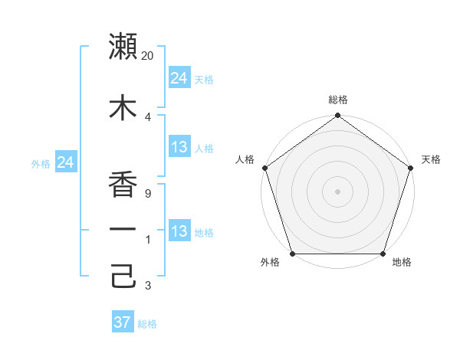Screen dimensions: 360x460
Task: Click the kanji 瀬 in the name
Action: pos(123,47)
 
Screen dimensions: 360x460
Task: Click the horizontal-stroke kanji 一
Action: pos(123,229)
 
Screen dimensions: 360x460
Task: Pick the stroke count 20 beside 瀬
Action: pos(148,56)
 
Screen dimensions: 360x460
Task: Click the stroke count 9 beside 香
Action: pos(147,194)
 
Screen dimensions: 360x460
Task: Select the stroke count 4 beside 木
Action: pos(147,116)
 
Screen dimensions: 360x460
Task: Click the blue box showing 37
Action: pos(123,322)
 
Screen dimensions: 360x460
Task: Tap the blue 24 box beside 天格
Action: pos(179,78)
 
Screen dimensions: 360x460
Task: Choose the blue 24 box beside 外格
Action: pos(66,162)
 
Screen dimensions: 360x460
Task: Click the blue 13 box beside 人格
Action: pos(179,147)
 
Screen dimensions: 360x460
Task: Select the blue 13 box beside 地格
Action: pos(179,231)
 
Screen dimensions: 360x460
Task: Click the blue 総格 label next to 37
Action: pos(147,324)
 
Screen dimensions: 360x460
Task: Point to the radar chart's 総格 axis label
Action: pos(338,100)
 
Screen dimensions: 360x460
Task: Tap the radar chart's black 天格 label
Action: pos(431,159)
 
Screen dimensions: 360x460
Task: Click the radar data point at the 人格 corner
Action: pos(265,168)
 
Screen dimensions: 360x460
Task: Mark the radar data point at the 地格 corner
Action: pos(383,254)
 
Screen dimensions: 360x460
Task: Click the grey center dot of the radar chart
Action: pos(338,191)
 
